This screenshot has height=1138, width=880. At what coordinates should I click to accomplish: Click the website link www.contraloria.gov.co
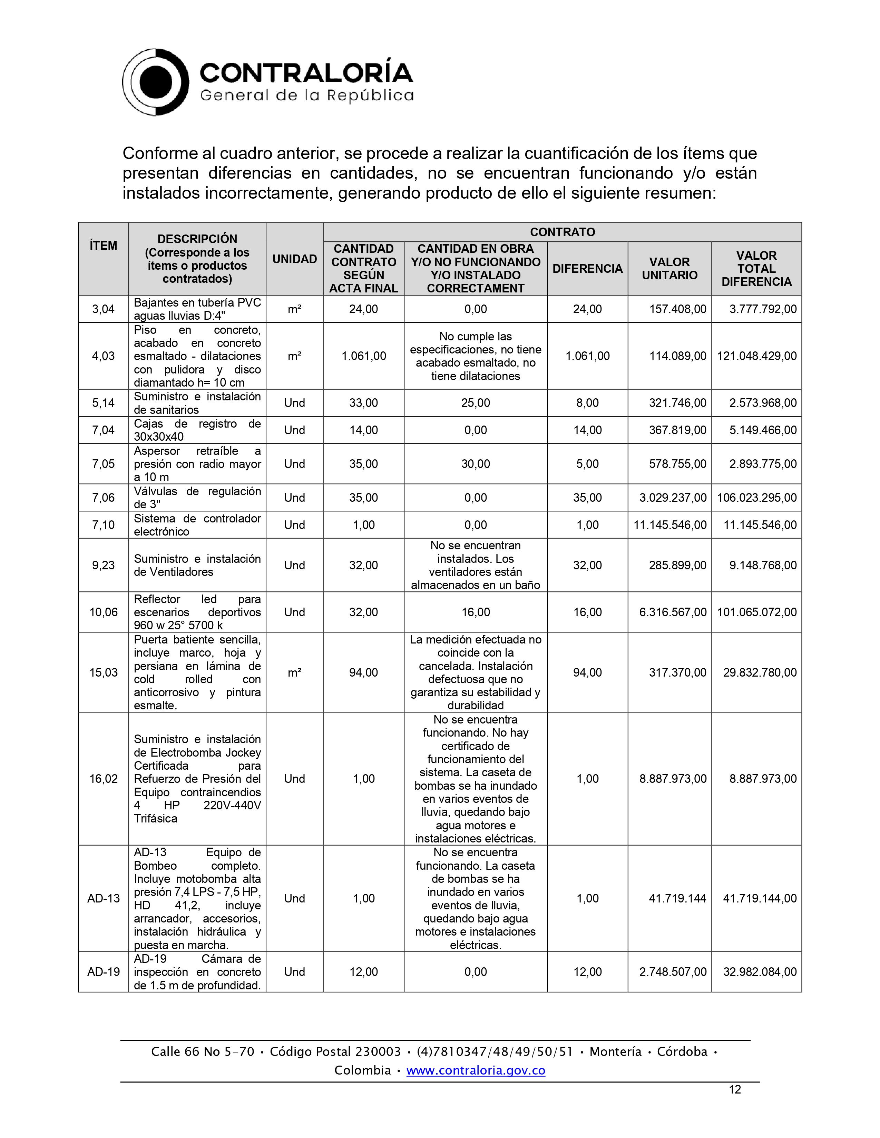tap(476, 1070)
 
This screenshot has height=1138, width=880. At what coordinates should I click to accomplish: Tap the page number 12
tap(735, 1089)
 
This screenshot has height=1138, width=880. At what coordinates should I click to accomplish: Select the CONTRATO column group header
tap(562, 232)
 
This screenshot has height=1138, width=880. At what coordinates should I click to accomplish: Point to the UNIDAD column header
tap(295, 259)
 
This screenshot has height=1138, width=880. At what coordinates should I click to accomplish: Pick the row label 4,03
tap(103, 356)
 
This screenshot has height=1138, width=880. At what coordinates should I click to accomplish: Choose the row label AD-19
tap(103, 972)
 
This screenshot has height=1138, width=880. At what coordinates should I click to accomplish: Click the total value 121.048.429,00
tap(756, 356)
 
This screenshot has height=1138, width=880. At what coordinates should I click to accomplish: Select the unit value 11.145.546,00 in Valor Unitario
tap(670, 525)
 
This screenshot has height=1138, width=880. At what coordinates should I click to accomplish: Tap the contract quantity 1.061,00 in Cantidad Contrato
tap(363, 356)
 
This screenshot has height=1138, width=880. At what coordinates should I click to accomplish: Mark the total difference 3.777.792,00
tap(763, 309)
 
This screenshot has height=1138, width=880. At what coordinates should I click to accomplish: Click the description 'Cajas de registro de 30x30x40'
tap(197, 430)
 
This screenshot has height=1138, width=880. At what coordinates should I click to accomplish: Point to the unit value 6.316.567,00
tap(673, 612)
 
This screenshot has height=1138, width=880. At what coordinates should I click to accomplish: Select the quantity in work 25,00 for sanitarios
tap(476, 403)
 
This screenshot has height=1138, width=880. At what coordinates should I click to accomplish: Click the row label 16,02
tap(103, 778)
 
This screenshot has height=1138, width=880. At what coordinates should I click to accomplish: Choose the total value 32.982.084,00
tap(760, 972)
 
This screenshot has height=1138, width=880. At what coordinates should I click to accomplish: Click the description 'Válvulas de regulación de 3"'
tap(197, 498)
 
